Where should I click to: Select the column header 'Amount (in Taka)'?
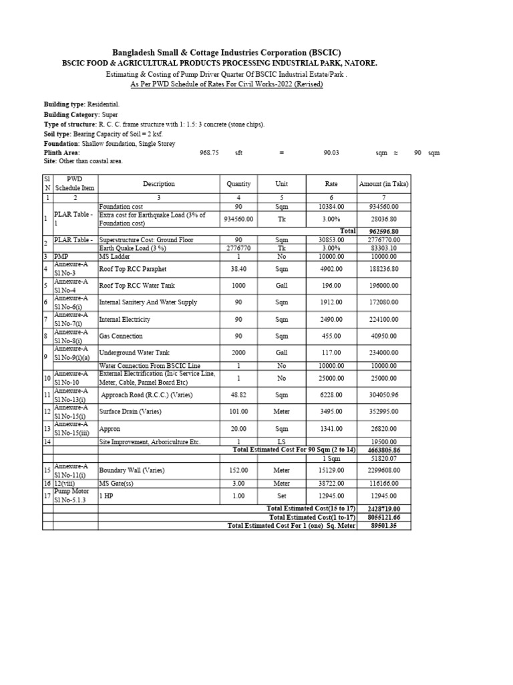(x=383, y=184)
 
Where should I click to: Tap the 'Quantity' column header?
(x=238, y=184)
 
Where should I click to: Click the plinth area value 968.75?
(x=210, y=153)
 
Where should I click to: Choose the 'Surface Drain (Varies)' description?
(x=130, y=411)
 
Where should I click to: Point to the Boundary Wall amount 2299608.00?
(x=389, y=470)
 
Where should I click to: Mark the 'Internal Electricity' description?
(x=125, y=319)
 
